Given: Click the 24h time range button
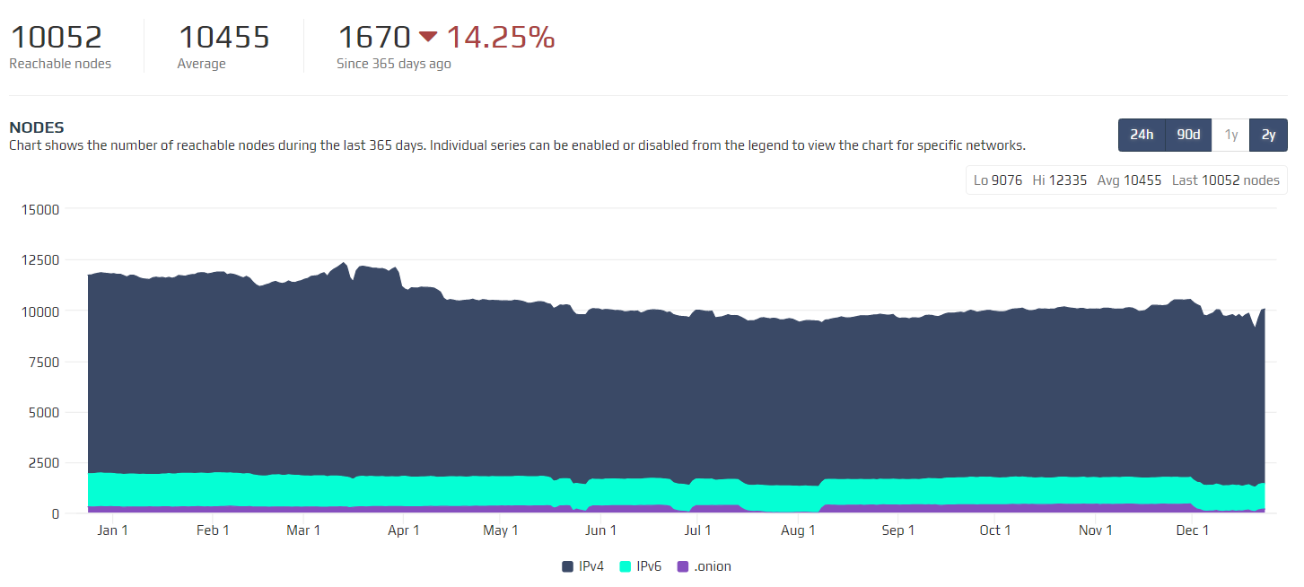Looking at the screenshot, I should click(x=1142, y=135).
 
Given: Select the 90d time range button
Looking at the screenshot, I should click(x=1188, y=135).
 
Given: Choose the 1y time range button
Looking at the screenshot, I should click(x=1231, y=135).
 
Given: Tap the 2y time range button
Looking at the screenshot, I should click(x=1268, y=135).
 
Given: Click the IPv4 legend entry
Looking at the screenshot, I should click(x=585, y=566).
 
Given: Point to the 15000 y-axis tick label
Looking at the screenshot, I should click(x=39, y=210).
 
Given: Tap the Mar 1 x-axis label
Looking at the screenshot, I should click(x=303, y=530).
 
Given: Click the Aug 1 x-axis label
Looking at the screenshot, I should click(x=798, y=530).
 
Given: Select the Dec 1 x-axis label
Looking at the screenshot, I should click(x=1193, y=530).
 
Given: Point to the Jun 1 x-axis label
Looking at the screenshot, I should click(x=600, y=530).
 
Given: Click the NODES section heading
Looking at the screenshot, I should click(x=37, y=127).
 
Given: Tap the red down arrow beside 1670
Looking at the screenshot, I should click(x=428, y=37).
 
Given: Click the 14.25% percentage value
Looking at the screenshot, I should click(x=501, y=37).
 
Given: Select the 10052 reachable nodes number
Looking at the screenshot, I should click(x=56, y=37).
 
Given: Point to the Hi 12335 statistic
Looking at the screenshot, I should click(x=1059, y=180).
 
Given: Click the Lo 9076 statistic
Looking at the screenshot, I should click(x=998, y=180).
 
